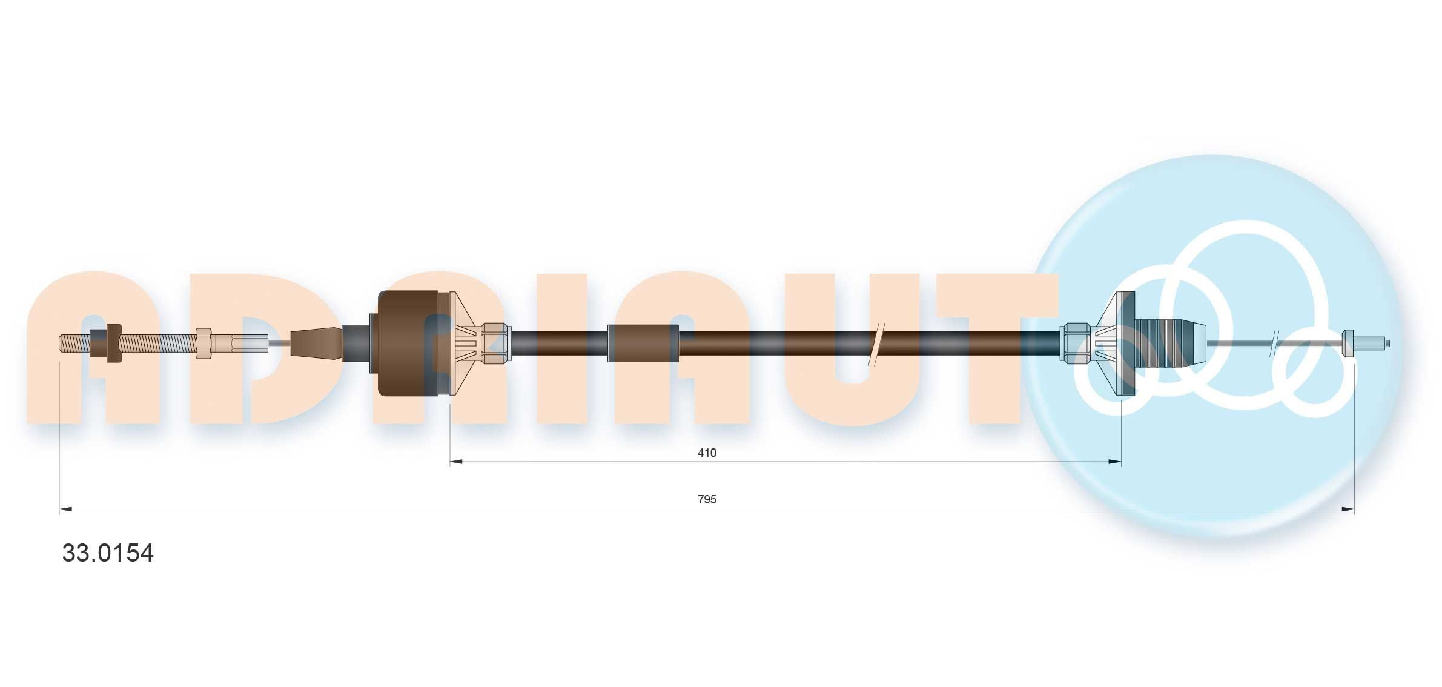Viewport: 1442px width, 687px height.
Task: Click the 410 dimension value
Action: (x=707, y=453)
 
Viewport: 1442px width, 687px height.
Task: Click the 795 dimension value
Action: (x=707, y=499)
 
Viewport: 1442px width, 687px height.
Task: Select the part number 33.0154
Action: (x=108, y=553)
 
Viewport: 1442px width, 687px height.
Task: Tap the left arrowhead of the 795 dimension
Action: (x=65, y=509)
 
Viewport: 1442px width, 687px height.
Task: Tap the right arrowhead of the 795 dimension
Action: (x=1348, y=509)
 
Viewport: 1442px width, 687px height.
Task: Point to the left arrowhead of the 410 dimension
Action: (x=456, y=462)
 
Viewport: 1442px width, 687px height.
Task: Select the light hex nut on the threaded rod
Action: (x=203, y=343)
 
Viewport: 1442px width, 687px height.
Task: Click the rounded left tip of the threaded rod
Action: (x=61, y=343)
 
